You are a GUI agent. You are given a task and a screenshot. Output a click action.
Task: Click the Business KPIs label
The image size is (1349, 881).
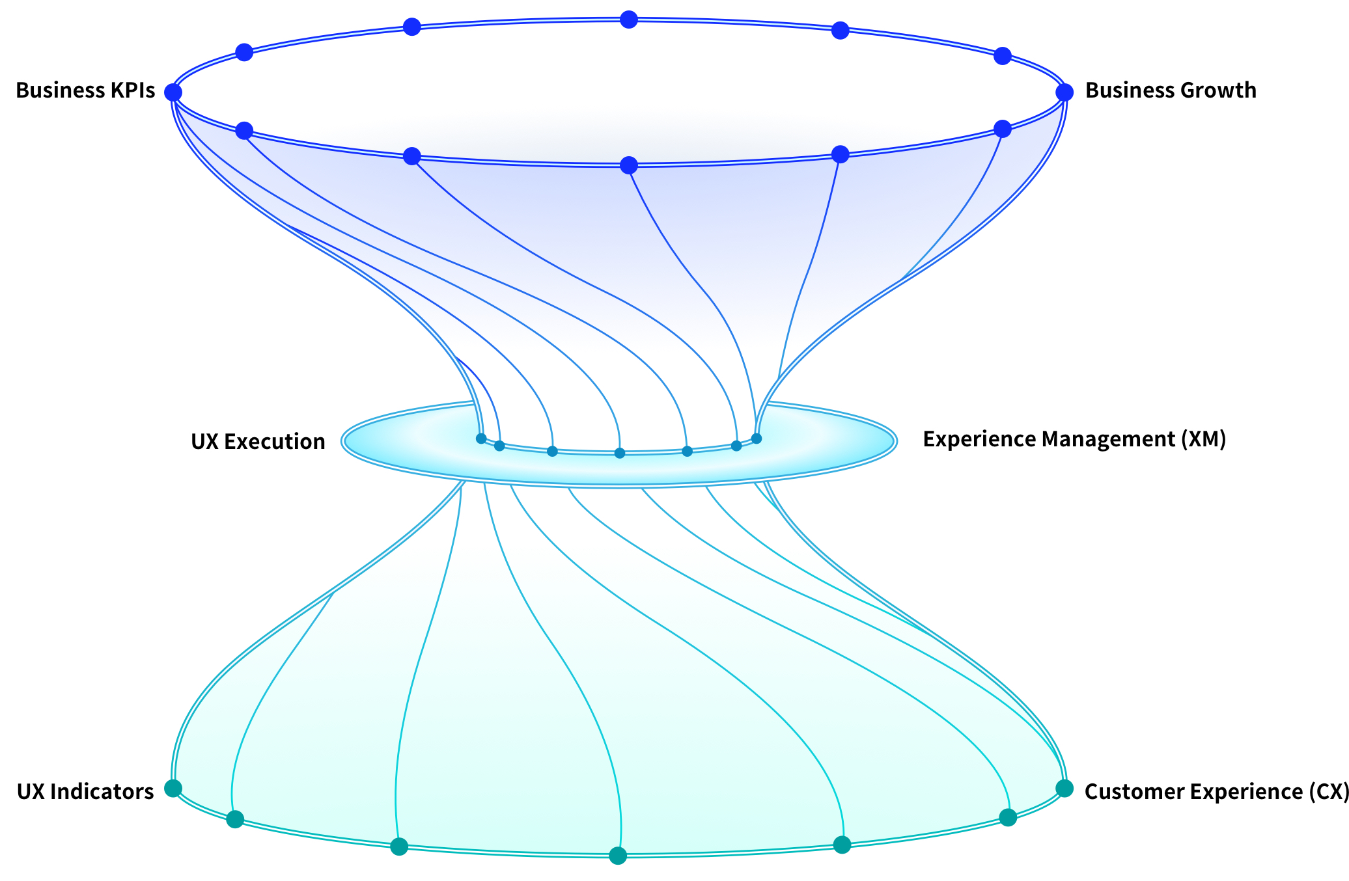[85, 90]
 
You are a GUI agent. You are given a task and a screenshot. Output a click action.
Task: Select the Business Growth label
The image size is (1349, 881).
[1171, 90]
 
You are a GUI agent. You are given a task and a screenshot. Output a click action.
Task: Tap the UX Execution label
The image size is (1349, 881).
[258, 442]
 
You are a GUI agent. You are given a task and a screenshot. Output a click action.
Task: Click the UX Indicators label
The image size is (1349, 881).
[85, 792]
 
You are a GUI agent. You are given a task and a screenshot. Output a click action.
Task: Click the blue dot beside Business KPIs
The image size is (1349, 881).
[173, 92]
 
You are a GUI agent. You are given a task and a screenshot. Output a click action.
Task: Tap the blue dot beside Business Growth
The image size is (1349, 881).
[1064, 92]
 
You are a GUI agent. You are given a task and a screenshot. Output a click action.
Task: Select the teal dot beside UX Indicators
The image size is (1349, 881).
[173, 789]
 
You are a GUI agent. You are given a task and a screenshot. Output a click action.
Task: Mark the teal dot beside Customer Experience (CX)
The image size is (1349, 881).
[1064, 789]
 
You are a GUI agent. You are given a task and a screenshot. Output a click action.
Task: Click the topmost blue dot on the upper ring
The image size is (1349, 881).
[628, 20]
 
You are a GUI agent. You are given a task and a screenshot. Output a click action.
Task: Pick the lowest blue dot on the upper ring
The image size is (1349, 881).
[628, 165]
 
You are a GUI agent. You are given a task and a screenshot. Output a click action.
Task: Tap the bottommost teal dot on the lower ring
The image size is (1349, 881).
[618, 856]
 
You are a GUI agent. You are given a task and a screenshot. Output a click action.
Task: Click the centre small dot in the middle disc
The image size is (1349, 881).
[620, 453]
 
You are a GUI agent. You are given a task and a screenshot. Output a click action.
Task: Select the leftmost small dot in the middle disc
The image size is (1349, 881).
[481, 439]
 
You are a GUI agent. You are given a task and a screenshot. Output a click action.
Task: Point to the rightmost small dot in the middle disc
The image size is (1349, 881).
[757, 439]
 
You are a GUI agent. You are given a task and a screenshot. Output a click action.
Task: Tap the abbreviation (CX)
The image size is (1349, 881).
[1328, 792]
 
